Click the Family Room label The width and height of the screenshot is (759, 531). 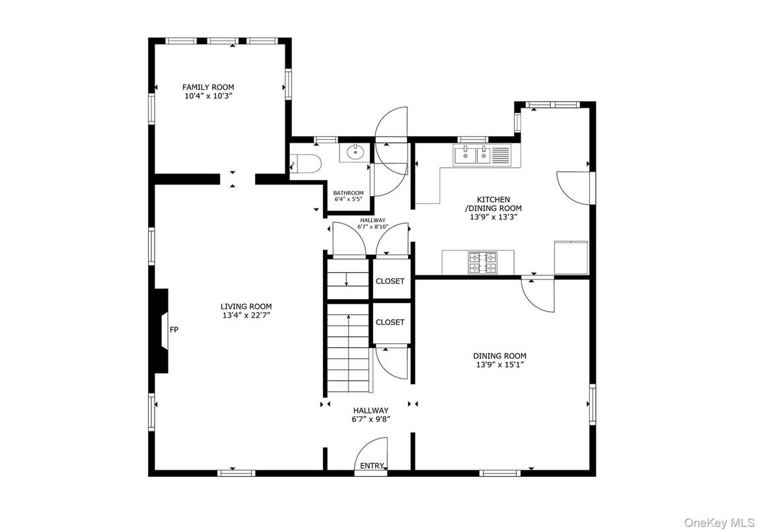click(x=208, y=87)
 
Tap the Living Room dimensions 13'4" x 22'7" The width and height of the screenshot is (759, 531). click(x=246, y=316)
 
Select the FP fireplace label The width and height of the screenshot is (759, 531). click(x=174, y=330)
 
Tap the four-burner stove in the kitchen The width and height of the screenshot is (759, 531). click(x=482, y=262)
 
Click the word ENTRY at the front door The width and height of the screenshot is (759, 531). click(x=372, y=466)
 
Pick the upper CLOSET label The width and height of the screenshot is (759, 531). click(x=390, y=281)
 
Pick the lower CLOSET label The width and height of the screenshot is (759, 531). click(x=390, y=322)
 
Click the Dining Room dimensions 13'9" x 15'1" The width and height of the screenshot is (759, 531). click(x=500, y=365)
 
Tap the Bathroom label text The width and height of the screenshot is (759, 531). click(x=348, y=193)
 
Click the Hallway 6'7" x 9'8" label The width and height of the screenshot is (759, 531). click(x=370, y=415)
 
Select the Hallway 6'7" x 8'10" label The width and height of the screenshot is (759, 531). click(x=373, y=223)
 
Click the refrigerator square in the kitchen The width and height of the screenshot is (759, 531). click(x=571, y=258)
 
